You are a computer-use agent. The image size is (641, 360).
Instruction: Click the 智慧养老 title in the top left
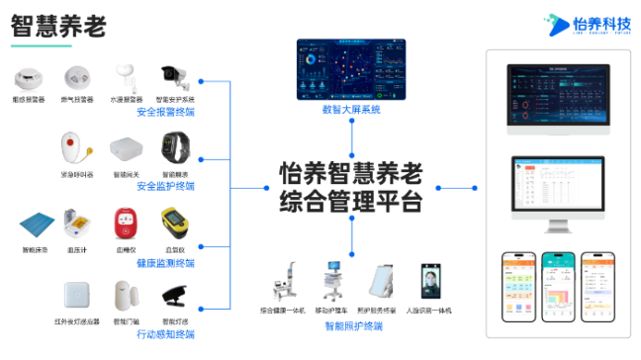pyautogui.click(x=58, y=27)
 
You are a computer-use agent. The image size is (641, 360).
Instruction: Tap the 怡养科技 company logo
pyautogui.click(x=588, y=24)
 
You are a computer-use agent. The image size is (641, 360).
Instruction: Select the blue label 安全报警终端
pyautogui.click(x=166, y=112)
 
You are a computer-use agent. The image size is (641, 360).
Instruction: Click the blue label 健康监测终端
pyautogui.click(x=166, y=263)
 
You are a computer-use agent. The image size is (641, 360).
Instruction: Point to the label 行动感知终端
pyautogui.click(x=166, y=335)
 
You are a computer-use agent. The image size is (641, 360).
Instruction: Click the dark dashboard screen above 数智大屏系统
pyautogui.click(x=351, y=68)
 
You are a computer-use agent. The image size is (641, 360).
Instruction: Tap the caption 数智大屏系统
pyautogui.click(x=351, y=110)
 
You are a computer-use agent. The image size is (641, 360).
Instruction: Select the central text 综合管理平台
pyautogui.click(x=350, y=203)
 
